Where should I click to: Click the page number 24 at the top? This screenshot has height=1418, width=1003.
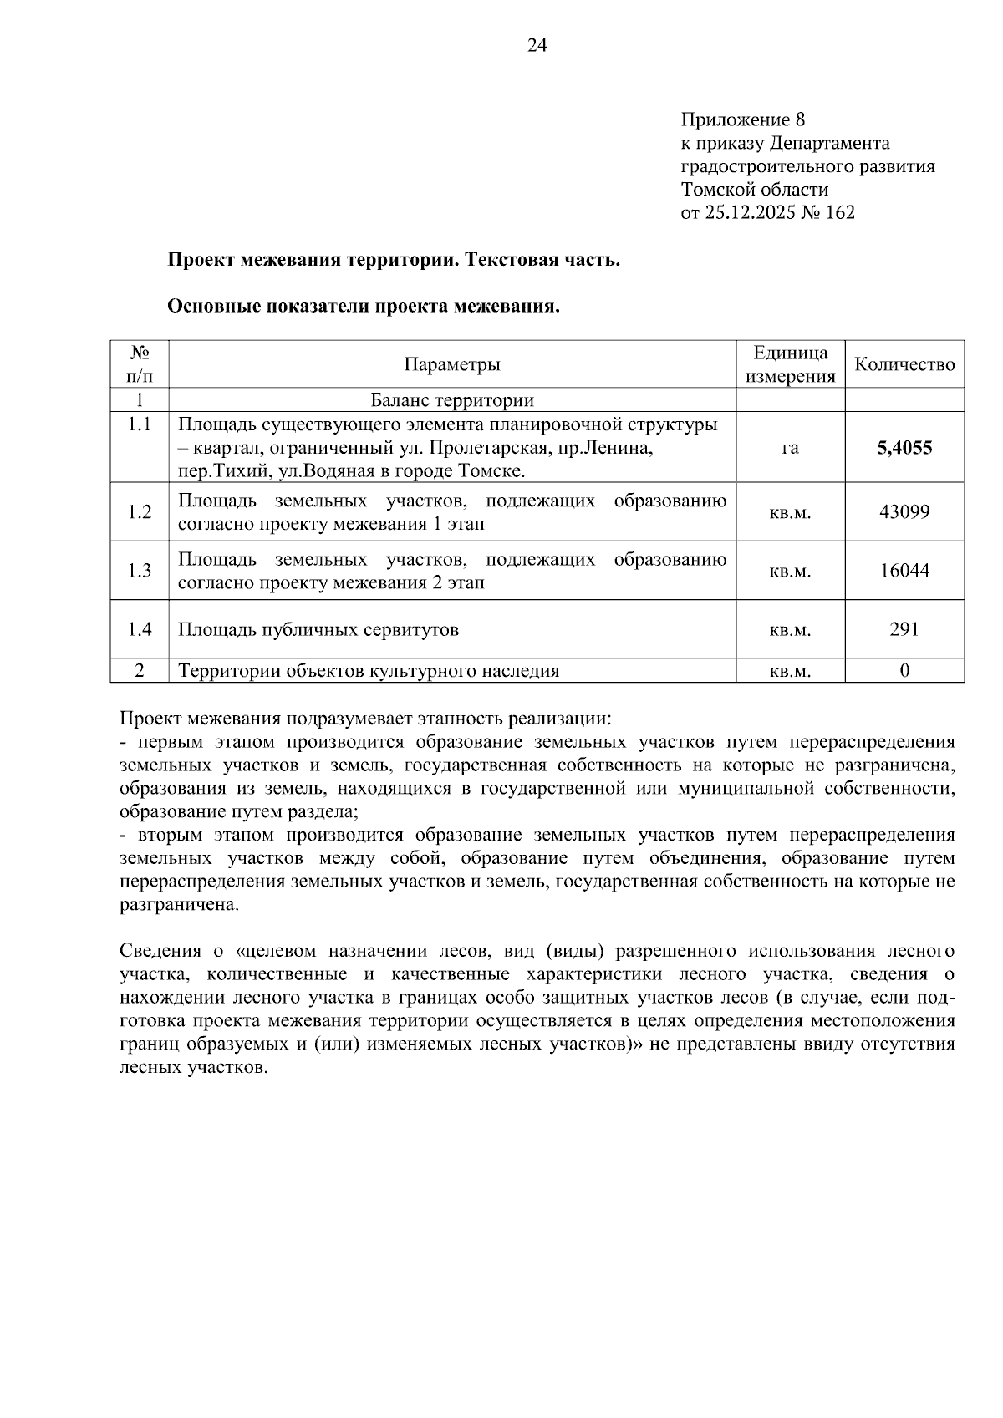click(x=537, y=47)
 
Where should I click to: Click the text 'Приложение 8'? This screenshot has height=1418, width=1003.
click(x=742, y=119)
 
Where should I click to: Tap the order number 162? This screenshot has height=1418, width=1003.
click(x=839, y=213)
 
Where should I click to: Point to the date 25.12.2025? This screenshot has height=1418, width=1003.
click(x=746, y=213)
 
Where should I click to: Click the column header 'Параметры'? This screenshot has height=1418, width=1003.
click(x=452, y=364)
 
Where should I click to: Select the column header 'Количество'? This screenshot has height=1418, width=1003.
click(x=904, y=364)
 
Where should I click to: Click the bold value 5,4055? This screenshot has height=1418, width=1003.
click(x=904, y=448)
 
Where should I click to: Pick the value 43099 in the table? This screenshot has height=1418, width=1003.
click(x=904, y=512)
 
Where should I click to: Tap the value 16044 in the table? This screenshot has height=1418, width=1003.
click(x=904, y=571)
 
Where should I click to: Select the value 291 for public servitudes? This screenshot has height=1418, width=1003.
click(x=904, y=629)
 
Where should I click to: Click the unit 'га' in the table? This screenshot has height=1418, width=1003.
click(x=790, y=448)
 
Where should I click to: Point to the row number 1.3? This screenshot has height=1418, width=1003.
click(x=140, y=571)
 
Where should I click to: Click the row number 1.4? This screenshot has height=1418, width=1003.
click(x=140, y=629)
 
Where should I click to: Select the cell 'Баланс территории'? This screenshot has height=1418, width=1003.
click(x=452, y=400)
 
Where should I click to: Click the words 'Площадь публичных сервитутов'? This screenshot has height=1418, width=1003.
click(x=318, y=630)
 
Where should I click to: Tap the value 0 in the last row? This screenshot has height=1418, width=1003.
click(x=904, y=671)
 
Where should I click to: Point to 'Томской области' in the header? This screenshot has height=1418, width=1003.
click(x=755, y=190)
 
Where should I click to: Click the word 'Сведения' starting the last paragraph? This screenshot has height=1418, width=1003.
click(x=160, y=951)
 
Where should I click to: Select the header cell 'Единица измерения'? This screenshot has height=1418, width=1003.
click(x=790, y=364)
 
